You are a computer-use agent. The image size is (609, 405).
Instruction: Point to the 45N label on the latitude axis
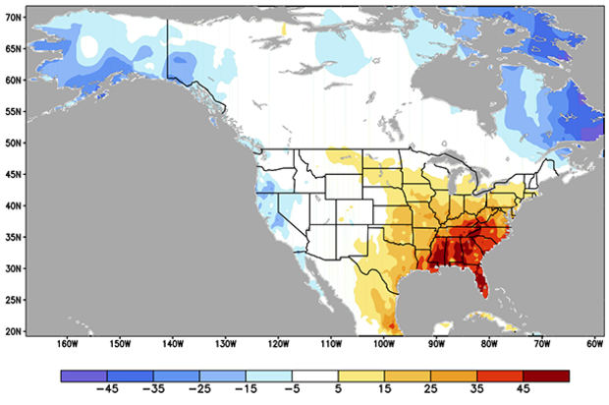pos(13,174)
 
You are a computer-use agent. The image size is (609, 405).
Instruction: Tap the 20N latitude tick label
pos(13,331)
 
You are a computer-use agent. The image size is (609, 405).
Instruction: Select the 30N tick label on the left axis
pos(13,268)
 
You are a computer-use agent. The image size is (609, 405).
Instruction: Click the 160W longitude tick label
pos(67,345)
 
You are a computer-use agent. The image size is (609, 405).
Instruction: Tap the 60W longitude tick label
pos(594,345)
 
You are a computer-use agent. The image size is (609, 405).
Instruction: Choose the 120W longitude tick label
pos(278,345)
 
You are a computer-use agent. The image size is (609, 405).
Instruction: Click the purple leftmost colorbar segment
pos(83,376)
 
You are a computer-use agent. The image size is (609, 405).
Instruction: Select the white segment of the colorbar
pos(315,376)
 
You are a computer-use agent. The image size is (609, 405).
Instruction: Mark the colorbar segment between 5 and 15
pos(361,376)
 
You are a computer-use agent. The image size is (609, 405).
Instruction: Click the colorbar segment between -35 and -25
pos(176,376)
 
